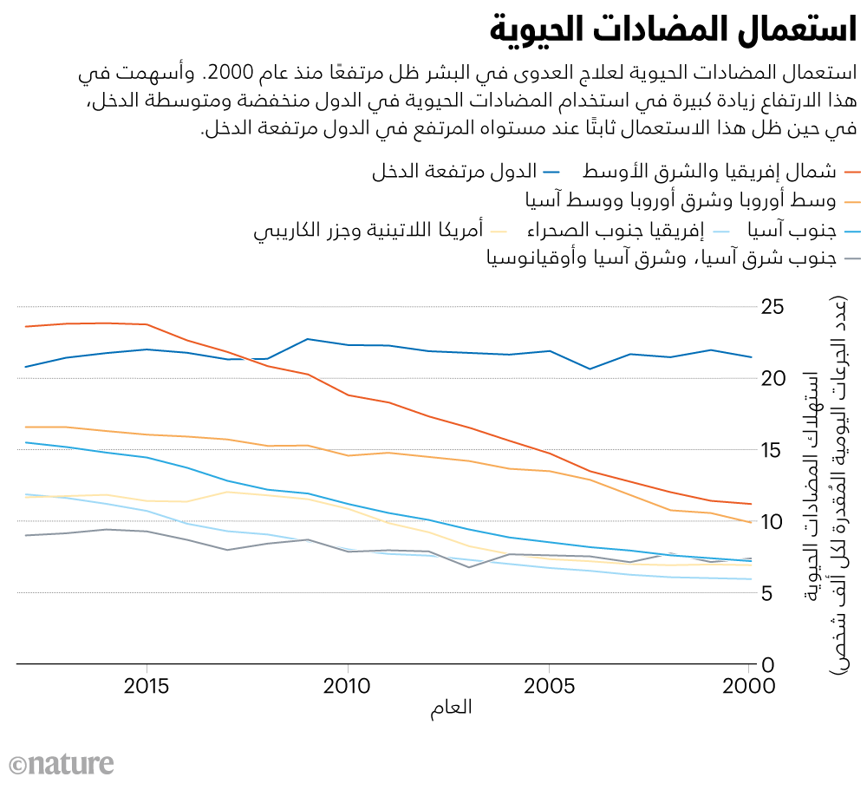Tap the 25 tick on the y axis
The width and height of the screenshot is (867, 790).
(x=774, y=307)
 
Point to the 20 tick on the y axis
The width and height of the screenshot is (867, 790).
(x=774, y=379)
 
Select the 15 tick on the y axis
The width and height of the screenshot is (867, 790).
(x=774, y=450)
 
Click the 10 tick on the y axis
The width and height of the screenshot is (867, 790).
(x=774, y=522)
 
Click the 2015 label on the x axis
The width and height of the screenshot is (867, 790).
(x=147, y=685)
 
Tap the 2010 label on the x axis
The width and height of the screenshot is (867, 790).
(x=348, y=685)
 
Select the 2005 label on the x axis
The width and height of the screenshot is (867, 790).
(x=548, y=685)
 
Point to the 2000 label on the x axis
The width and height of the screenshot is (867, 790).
(x=748, y=685)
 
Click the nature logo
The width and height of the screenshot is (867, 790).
(x=62, y=764)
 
